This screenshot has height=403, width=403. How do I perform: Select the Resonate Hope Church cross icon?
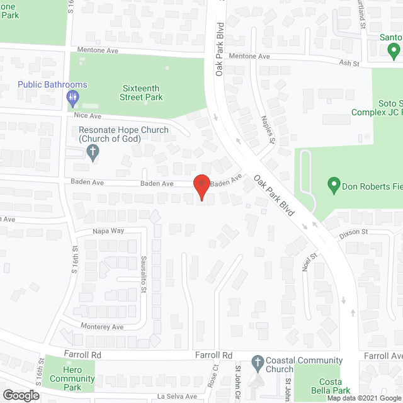coord(93,152)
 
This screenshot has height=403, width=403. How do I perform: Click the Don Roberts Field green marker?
coord(334,186)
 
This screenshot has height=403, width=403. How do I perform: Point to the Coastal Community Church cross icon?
coord(257,362)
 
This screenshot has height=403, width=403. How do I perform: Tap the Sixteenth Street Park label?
coord(142,93)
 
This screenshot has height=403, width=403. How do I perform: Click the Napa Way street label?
coord(109,231)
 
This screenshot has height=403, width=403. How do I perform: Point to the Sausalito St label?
coord(143,275)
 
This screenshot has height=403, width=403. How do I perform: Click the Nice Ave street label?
coord(87,116)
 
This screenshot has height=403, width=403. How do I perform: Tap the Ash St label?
coord(349,64)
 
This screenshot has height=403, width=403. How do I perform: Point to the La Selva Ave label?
coord(178,397)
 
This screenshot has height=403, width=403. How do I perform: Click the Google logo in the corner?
coord(20,395)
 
